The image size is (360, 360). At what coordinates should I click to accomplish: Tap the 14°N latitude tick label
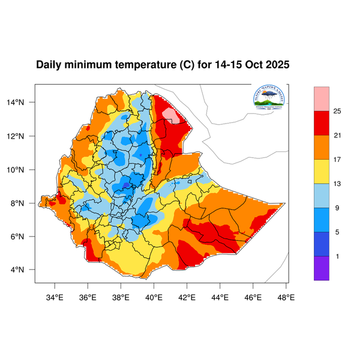pos(23,103)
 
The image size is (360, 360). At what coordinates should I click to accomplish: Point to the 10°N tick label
pos(23,170)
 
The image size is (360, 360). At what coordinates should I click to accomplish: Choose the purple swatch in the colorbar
pos(322,268)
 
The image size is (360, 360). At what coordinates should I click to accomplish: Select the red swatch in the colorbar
pos(322,123)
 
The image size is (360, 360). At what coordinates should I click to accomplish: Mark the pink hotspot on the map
pos(172,114)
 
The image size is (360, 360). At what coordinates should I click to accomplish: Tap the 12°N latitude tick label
pos(23,136)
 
